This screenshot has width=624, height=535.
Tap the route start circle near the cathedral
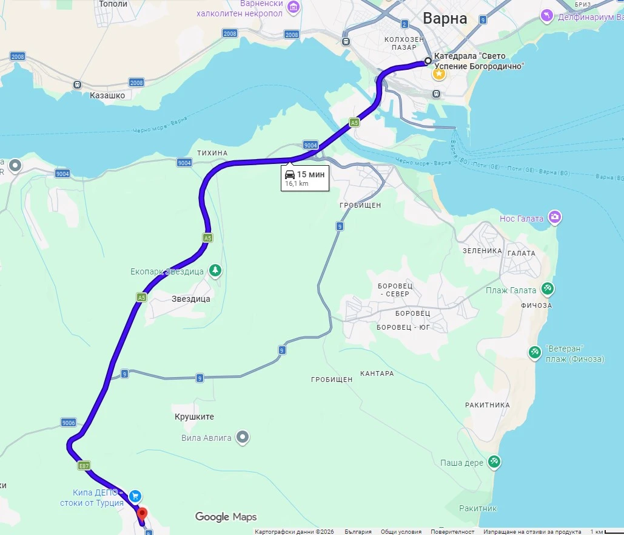[428, 61]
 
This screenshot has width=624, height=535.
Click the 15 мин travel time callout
[304, 178]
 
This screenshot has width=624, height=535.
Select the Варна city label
[445, 18]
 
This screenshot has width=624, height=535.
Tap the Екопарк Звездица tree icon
[215, 270]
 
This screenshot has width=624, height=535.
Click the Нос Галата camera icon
[554, 217]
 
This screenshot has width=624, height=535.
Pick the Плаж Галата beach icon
[548, 289]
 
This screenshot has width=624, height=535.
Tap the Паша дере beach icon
[494, 462]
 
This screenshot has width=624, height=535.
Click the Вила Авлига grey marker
[243, 437]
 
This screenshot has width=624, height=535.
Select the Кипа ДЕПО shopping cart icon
[135, 496]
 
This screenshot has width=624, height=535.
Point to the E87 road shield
[84, 466]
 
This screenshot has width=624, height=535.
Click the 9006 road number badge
[68, 423]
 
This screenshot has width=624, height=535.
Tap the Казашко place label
[107, 95]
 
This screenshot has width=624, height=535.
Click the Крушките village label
[194, 417]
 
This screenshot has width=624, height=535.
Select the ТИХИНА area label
[212, 152]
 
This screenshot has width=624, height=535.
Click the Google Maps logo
[226, 517]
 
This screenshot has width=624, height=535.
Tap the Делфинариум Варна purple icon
[547, 15]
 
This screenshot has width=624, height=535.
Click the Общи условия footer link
[401, 531]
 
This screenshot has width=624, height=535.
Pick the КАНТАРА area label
[377, 373]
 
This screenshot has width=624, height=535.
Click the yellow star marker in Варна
[438, 74]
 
